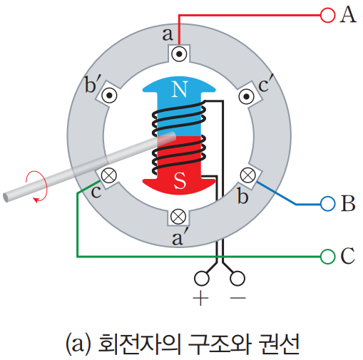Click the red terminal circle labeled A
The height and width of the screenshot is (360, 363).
(x=327, y=14)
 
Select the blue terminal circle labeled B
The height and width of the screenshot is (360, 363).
(x=327, y=204)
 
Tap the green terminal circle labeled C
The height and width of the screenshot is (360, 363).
(x=327, y=255)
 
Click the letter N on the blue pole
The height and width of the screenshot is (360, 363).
(x=180, y=90)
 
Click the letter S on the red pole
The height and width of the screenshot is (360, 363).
(x=180, y=181)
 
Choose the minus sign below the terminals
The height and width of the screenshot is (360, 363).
(x=237, y=298)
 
